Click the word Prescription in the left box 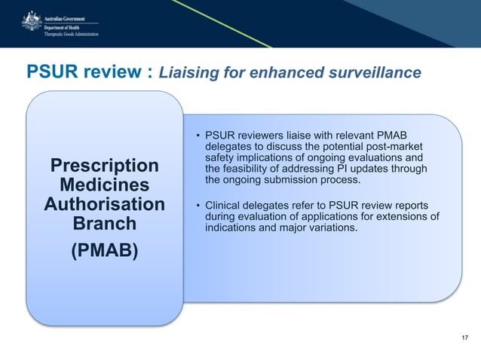click(104, 166)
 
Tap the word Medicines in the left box click(104, 185)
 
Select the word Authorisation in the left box click(104, 205)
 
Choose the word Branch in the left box click(104, 224)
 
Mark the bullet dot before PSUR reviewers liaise click(198, 136)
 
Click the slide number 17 click(464, 337)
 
